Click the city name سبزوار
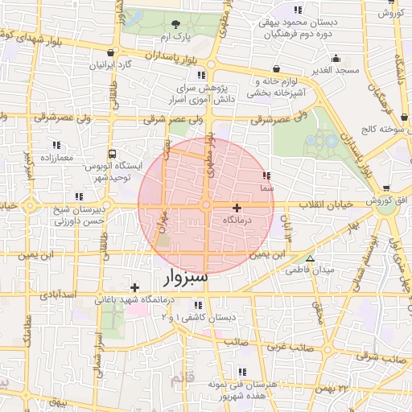[x=185, y=278]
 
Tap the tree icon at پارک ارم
[x=176, y=23]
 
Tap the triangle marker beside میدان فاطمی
[x=310, y=258]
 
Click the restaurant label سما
[x=267, y=187]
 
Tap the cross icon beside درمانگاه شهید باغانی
[x=134, y=287]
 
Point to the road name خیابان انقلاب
[x=326, y=205]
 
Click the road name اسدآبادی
[x=59, y=295]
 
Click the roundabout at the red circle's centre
[x=206, y=206]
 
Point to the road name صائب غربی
[x=287, y=346]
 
